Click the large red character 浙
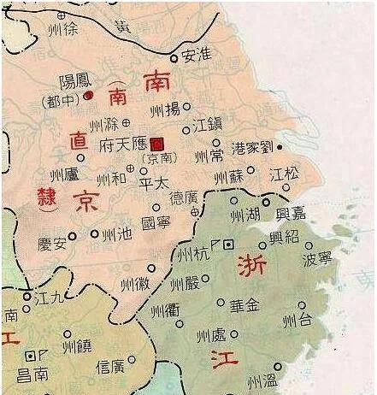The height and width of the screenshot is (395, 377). click(x=250, y=264)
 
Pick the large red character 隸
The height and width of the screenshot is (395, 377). click(x=48, y=195)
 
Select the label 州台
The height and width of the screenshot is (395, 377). click(x=298, y=321)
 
